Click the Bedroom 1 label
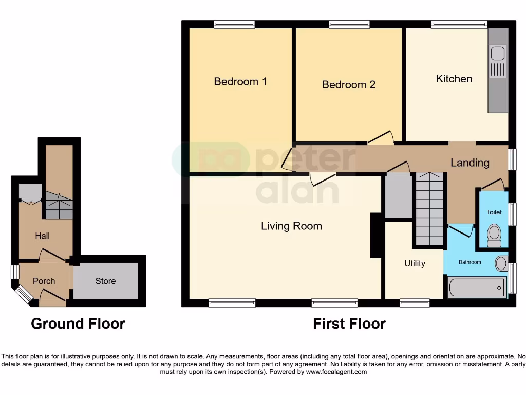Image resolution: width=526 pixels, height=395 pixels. click(240, 82)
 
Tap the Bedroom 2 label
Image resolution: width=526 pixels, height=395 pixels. click(348, 85)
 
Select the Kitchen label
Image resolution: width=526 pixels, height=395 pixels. click(454, 79)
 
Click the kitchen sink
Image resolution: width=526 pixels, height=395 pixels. click(497, 53)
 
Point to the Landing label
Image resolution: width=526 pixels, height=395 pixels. click(469, 163)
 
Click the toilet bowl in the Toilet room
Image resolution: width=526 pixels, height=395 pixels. click(494, 233)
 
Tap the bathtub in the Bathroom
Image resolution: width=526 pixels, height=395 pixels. click(477, 288)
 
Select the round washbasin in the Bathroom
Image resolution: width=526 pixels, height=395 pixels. click(501, 264)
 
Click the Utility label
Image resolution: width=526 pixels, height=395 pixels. click(415, 264)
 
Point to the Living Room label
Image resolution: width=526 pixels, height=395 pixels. click(291, 226)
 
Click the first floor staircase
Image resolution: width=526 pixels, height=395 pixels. click(429, 209)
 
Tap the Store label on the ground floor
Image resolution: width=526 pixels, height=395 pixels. click(105, 281)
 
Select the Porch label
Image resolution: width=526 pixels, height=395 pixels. click(44, 281)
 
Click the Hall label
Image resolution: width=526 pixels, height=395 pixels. click(43, 236)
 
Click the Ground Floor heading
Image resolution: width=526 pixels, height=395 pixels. click(78, 324)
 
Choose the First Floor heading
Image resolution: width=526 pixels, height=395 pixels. click(349, 324)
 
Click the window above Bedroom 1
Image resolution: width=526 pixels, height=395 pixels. click(234, 24)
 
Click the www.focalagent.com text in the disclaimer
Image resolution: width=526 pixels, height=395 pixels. click(336, 372)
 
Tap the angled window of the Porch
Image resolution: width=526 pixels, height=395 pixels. click(24, 294)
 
